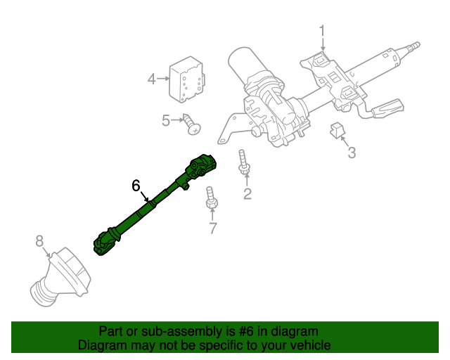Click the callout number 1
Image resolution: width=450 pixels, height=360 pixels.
click(x=322, y=31)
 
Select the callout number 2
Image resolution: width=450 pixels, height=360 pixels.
click(x=247, y=194)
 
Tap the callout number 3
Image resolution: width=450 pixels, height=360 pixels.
click(x=352, y=153)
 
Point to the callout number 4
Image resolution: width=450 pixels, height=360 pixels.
click(x=152, y=79)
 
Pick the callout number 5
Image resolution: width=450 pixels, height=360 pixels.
click(x=166, y=120)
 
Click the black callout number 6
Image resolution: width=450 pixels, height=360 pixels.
click(x=136, y=186)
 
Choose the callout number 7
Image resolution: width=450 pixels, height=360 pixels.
click(x=212, y=229)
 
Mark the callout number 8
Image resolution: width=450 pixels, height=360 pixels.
click(x=39, y=241)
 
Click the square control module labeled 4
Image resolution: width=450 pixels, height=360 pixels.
click(x=186, y=79)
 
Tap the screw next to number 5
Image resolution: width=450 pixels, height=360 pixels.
click(x=192, y=124)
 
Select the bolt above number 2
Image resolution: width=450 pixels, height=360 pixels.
click(x=243, y=162)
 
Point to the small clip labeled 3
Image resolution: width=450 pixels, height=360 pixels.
click(x=337, y=131)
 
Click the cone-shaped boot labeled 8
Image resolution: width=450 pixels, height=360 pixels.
click(x=60, y=276)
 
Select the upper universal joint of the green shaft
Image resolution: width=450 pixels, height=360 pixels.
click(x=201, y=167)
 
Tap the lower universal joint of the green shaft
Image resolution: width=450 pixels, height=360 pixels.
click(x=107, y=242)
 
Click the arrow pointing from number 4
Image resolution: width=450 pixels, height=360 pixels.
click(x=163, y=78)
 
